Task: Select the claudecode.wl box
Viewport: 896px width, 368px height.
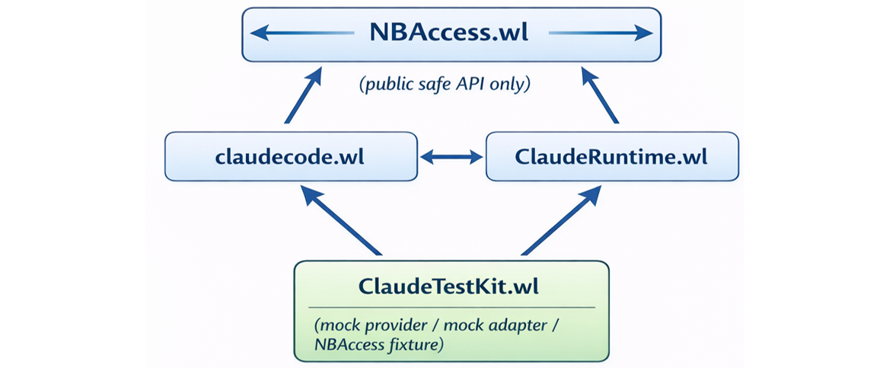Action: (x=290, y=157)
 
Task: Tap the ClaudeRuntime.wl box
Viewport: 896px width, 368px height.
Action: (x=611, y=157)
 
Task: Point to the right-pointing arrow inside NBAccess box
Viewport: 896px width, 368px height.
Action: (x=600, y=33)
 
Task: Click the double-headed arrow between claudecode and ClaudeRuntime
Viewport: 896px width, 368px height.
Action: (x=452, y=157)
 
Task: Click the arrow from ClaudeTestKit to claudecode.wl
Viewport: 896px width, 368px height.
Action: (x=341, y=221)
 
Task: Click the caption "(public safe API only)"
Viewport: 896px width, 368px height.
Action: (x=444, y=85)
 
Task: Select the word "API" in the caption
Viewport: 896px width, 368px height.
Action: (x=476, y=85)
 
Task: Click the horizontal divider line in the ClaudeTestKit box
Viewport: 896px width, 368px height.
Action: (x=453, y=307)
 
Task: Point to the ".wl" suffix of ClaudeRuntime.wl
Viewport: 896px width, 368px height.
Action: (x=690, y=157)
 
